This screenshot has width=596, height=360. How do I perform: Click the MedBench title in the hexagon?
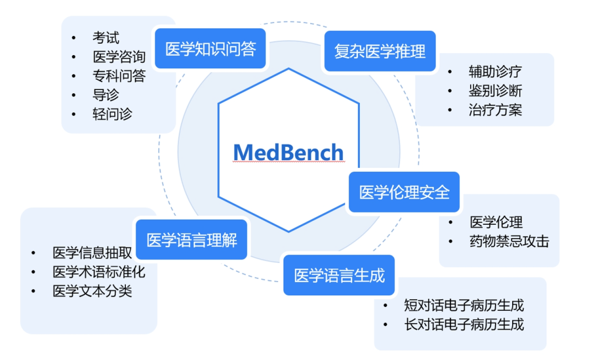288,152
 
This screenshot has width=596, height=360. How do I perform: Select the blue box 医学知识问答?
211,49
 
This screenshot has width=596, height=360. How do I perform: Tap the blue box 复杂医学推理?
380,52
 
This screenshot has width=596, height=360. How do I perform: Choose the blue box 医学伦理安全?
405,192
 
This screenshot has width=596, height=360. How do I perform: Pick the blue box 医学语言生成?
339,275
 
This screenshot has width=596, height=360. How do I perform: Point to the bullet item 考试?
106,38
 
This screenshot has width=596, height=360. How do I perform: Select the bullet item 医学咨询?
119,57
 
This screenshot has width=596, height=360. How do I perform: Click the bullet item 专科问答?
119,76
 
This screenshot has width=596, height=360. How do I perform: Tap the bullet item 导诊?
106,95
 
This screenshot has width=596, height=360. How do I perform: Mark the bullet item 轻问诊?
112,114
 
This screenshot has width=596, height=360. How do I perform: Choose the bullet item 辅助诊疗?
495,71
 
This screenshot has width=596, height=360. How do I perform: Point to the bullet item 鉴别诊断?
495,91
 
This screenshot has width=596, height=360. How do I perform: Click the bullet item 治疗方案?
495,110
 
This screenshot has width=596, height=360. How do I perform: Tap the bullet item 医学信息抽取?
92,253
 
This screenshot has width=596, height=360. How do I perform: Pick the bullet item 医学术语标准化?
99,272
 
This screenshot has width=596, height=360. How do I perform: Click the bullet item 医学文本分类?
92,291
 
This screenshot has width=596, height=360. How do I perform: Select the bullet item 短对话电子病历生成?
464,305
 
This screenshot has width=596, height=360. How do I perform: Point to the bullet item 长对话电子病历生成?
464,324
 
